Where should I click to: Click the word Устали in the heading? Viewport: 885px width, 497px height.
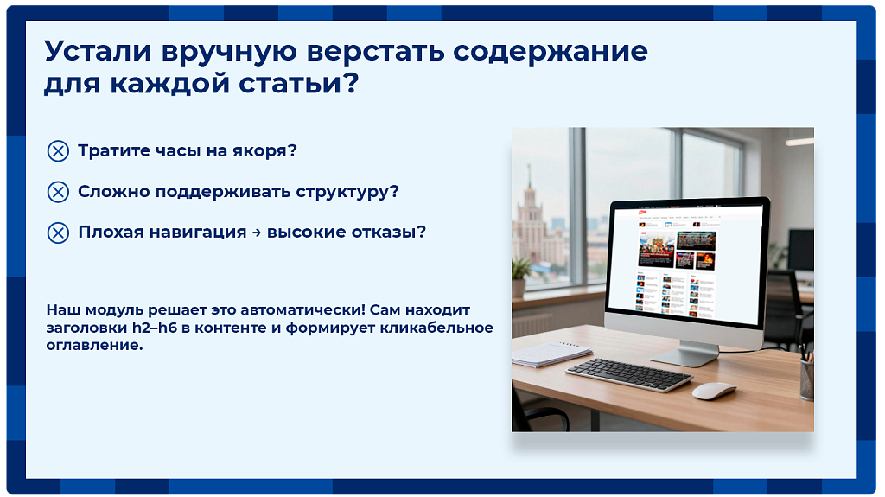[x=99, y=51]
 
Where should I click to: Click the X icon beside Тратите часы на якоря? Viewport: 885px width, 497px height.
[x=58, y=151]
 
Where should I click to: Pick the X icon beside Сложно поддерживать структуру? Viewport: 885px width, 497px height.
[x=58, y=192]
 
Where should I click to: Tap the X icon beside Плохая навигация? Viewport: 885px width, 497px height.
[x=58, y=233]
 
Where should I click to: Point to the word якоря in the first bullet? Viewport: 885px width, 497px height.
[x=264, y=151]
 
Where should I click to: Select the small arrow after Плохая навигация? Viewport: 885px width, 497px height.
[x=257, y=233]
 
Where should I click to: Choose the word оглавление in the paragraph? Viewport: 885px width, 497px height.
[x=94, y=346]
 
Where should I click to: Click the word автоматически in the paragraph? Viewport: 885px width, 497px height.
[x=302, y=310]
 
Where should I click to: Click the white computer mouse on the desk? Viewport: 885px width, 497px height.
[x=714, y=391]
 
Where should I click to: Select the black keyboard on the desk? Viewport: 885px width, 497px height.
[x=629, y=375]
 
